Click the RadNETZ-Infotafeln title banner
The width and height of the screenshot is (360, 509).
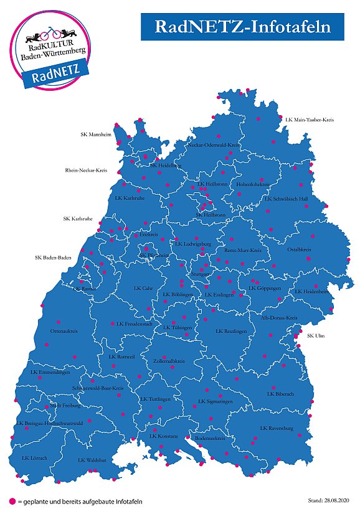tap(242, 27)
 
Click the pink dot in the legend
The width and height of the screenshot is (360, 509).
tap(12, 501)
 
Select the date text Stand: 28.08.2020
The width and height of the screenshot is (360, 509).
tap(329, 500)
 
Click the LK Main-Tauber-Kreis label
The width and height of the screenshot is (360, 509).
tap(310, 118)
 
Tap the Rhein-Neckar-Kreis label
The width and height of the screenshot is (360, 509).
tap(87, 170)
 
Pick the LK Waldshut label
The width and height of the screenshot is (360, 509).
tap(92, 460)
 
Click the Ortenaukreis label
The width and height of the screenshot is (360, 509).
tap(63, 331)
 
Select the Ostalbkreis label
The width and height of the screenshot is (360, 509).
tap(299, 250)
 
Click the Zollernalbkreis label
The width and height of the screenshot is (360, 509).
tap(169, 361)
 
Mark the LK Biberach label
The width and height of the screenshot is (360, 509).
tap(279, 394)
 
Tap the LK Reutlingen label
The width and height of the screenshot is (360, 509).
tap(231, 332)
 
